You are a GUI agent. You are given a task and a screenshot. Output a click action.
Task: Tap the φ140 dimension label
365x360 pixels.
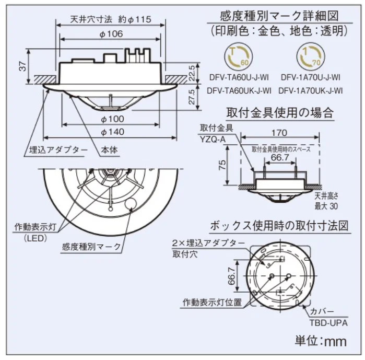pyautogui.click(x=111, y=132)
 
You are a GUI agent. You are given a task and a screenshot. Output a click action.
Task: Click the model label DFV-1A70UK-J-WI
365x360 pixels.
pyautogui.click(x=311, y=90)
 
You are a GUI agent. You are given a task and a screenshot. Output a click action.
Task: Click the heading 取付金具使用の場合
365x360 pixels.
pyautogui.click(x=279, y=112)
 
